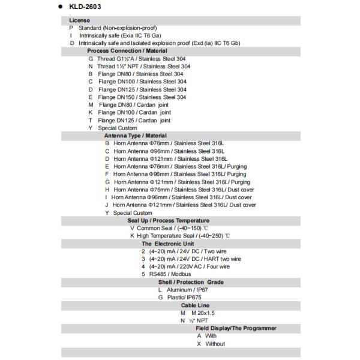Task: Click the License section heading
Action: pos(79,20)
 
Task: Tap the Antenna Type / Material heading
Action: pos(135,136)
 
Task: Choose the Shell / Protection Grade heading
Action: pos(191,282)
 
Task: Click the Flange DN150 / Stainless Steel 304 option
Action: pos(142,97)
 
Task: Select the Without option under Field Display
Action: pos(215,344)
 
